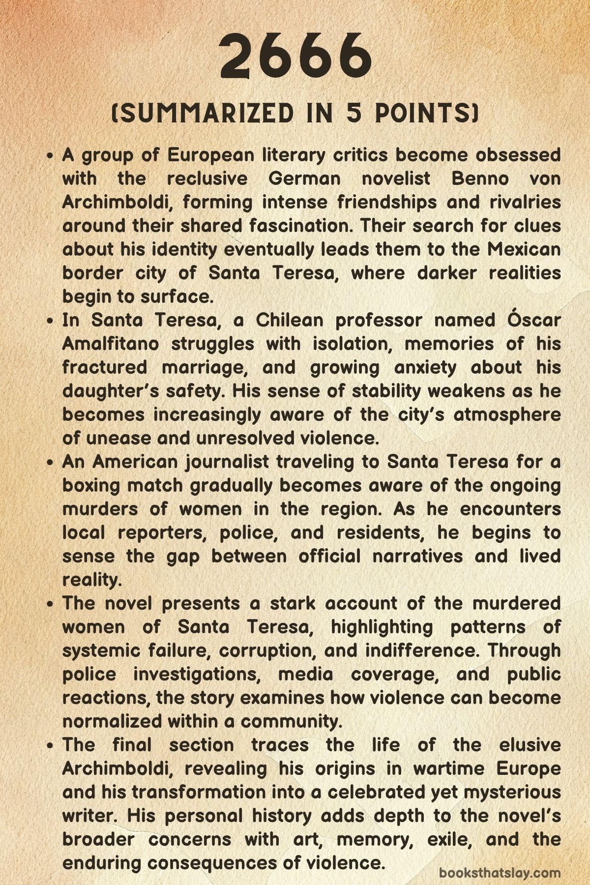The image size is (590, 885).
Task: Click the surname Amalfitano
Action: point(111,344)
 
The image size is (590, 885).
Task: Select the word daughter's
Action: point(111,391)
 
